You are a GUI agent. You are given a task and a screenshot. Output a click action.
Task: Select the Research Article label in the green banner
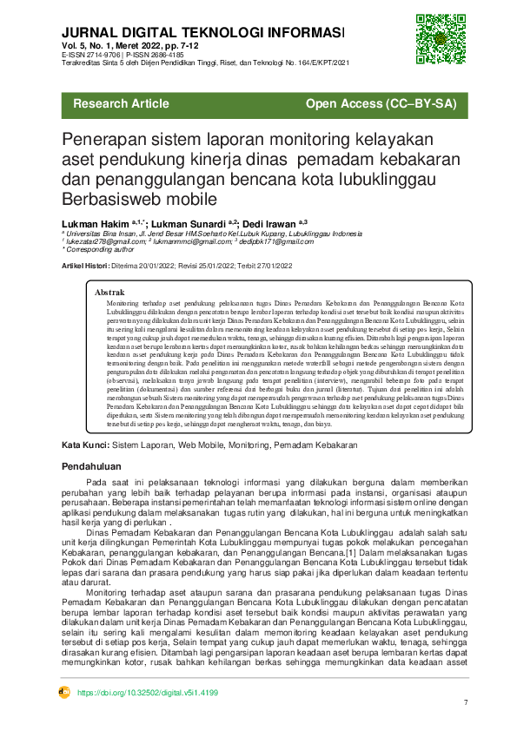coord(122,104)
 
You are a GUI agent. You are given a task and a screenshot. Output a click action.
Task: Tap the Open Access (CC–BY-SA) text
coord(381,104)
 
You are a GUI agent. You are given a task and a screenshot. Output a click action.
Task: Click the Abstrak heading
coord(109,293)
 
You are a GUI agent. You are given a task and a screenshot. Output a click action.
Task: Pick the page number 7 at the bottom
coord(466,701)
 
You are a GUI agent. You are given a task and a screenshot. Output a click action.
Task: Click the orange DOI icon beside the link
coord(63,693)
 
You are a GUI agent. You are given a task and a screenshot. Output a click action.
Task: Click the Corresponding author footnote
coord(102,249)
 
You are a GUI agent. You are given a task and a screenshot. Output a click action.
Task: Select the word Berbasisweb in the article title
coord(114,198)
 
